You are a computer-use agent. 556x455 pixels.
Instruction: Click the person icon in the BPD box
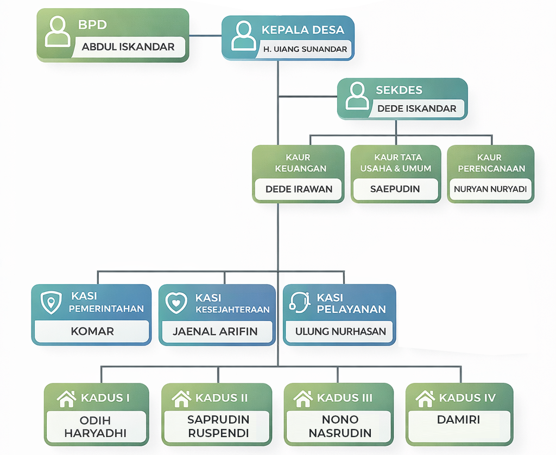tap(57, 31)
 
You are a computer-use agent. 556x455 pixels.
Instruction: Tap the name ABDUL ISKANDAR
tap(128, 47)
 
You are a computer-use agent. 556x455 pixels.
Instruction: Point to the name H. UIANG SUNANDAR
tap(305, 49)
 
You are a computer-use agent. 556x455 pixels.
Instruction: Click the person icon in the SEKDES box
tap(357, 96)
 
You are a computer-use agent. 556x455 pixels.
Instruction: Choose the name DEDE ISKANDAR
tap(416, 108)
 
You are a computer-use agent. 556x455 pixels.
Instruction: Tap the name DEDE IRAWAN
tap(299, 190)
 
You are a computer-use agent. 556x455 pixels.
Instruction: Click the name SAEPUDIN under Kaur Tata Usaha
tap(395, 190)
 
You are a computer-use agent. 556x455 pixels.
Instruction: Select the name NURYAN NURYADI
tap(490, 190)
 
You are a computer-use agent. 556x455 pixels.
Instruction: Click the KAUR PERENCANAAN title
tap(491, 163)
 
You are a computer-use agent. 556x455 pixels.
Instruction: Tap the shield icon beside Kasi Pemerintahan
tap(52, 303)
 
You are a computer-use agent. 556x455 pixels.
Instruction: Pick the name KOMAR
tap(92, 331)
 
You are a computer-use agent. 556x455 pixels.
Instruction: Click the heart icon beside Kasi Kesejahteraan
tap(176, 303)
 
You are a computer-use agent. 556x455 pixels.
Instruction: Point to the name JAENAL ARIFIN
tap(216, 331)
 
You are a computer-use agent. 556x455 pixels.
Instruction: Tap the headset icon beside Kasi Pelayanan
tap(300, 303)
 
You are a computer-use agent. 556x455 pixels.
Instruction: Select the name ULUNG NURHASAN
tap(340, 331)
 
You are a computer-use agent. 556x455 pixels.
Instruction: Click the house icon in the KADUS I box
tap(67, 399)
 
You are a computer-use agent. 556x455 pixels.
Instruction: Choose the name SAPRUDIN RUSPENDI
tap(218, 426)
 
